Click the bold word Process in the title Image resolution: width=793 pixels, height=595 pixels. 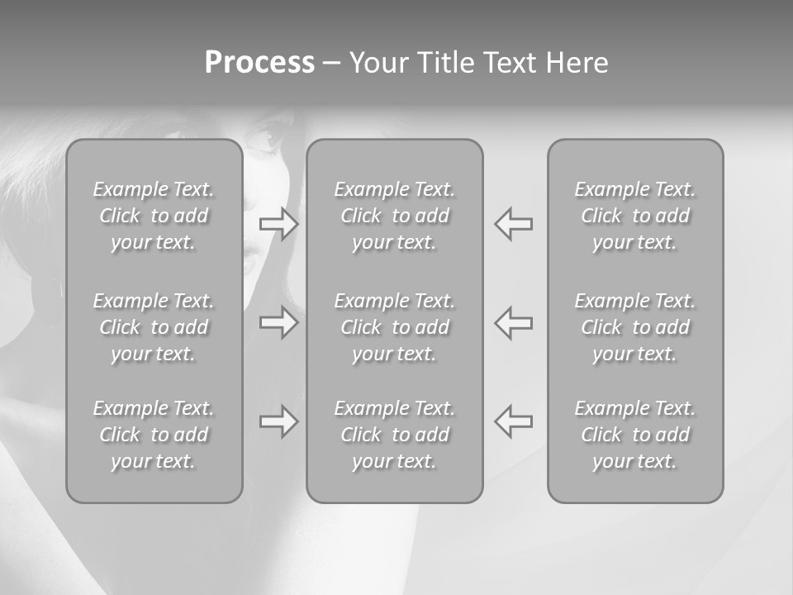point(259,63)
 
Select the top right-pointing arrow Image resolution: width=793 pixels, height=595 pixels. point(278,224)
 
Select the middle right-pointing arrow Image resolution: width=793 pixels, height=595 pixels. point(278,322)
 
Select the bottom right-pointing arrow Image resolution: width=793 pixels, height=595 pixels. point(278,421)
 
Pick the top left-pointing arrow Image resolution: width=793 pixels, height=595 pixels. point(513,224)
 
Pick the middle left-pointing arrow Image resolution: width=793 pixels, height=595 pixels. point(513,322)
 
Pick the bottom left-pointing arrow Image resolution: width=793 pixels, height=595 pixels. point(513,421)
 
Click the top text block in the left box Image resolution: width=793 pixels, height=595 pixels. point(154,216)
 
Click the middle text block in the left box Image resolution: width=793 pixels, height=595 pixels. point(154,327)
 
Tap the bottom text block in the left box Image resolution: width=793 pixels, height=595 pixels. point(154,435)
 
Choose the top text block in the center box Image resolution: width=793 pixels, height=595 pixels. point(394,216)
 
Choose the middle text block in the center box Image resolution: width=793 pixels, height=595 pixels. point(394,327)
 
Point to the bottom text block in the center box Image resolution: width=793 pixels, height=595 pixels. point(394,435)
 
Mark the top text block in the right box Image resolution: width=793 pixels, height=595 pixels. point(634,216)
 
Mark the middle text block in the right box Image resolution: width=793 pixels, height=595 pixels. point(634,327)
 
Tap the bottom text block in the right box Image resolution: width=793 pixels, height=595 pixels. point(634,435)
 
